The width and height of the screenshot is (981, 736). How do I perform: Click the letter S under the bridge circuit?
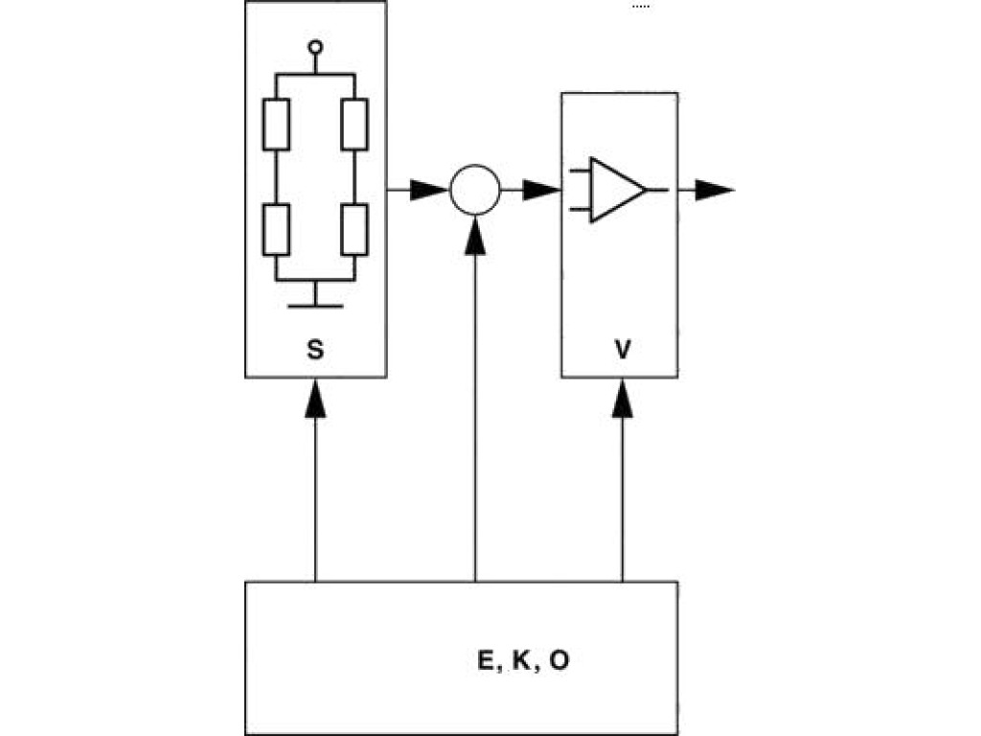click(x=315, y=351)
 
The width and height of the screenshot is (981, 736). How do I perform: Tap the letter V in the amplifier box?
click(x=623, y=351)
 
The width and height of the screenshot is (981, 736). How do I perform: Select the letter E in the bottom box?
click(x=485, y=662)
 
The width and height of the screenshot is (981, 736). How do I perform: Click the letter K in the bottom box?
click(x=522, y=662)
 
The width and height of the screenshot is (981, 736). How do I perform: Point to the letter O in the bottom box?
click(x=559, y=662)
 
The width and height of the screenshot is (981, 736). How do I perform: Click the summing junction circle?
click(x=474, y=190)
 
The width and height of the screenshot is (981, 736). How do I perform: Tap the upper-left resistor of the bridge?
click(x=276, y=125)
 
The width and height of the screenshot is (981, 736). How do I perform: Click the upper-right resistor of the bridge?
click(x=354, y=125)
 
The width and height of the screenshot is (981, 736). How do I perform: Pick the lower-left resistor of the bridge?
click(x=276, y=230)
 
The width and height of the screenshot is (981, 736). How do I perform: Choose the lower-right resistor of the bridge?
click(x=354, y=230)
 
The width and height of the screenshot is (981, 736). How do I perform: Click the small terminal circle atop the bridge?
click(x=315, y=46)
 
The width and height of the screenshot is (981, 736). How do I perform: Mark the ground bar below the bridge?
click(x=315, y=306)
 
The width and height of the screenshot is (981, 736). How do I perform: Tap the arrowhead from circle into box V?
click(x=541, y=190)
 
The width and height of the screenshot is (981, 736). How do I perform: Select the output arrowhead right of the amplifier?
click(x=715, y=190)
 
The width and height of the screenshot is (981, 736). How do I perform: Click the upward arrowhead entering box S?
click(x=315, y=397)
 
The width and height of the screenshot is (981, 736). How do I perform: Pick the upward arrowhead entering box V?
click(x=623, y=397)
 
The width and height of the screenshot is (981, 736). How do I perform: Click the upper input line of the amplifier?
click(x=579, y=173)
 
